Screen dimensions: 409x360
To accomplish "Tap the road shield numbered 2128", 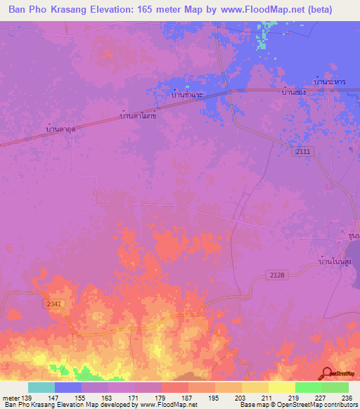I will (276, 275).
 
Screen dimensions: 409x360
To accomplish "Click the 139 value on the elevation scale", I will (27, 398).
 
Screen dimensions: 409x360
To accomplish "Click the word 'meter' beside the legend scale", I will (11, 398).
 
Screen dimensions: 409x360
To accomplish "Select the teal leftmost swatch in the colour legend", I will (41, 387).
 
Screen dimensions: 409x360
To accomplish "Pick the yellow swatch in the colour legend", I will (282, 387).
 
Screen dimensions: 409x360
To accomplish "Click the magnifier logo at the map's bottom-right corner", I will (328, 374).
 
